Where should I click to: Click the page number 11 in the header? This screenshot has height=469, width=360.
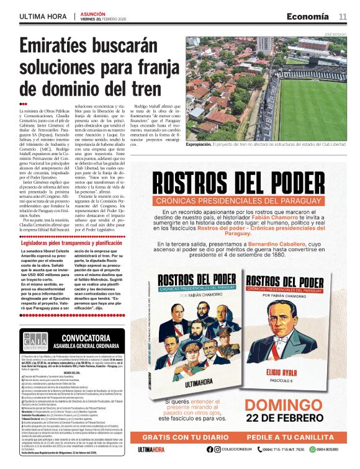coord(343,16)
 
